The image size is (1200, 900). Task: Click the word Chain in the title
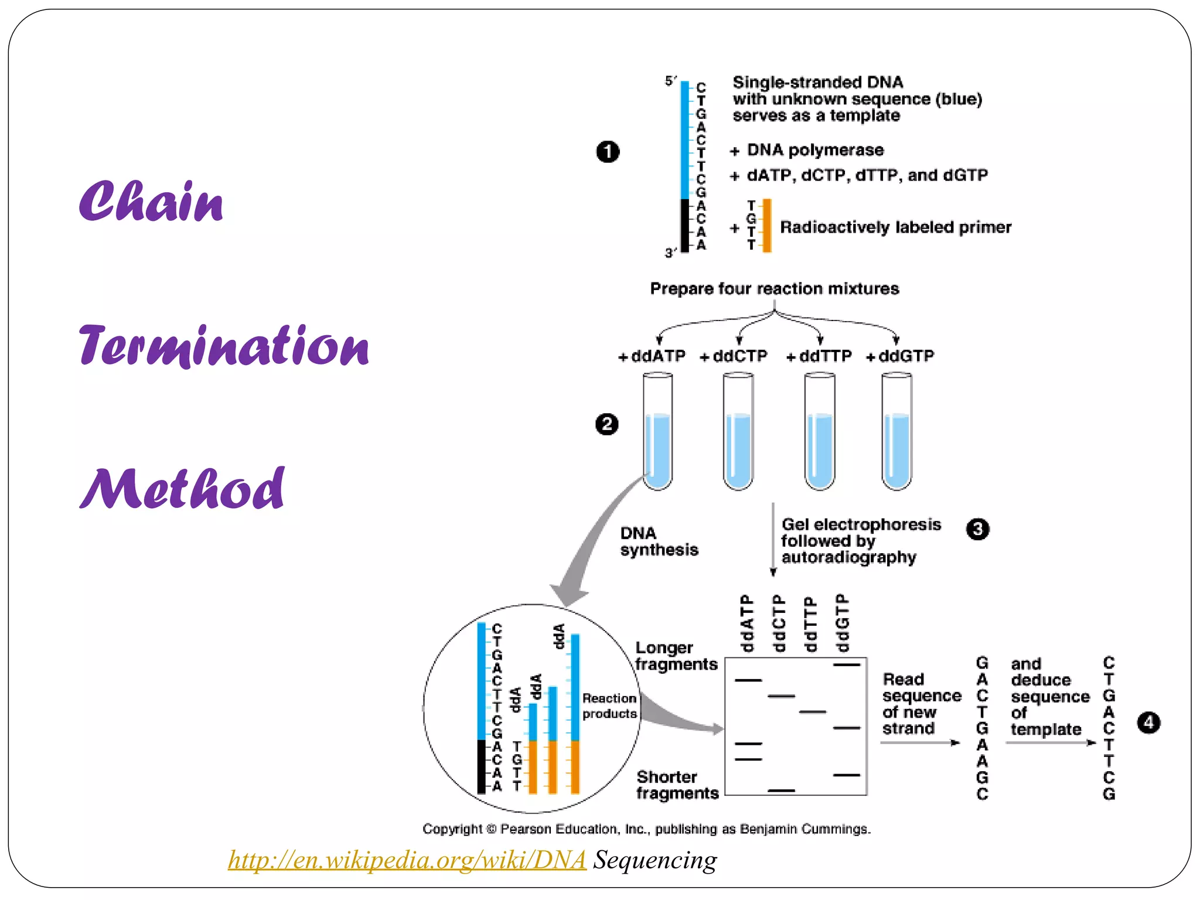[x=151, y=202]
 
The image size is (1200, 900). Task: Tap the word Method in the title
[x=182, y=489]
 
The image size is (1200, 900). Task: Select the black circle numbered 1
[x=608, y=152]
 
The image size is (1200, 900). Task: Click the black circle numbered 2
[x=606, y=424]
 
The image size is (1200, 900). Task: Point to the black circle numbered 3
[x=977, y=529]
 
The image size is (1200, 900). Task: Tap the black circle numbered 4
[x=1148, y=722]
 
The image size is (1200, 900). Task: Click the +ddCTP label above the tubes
[x=734, y=356]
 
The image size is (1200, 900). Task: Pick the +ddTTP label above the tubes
[x=819, y=356]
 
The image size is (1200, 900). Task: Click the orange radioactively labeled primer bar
[x=767, y=226]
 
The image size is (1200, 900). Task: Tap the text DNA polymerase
[x=814, y=150]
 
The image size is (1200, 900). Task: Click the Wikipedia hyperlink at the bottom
[x=407, y=860]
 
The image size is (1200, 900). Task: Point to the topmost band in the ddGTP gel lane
[x=847, y=665]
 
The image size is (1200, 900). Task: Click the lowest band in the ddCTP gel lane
[x=782, y=790]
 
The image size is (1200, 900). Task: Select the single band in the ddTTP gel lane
[x=813, y=712]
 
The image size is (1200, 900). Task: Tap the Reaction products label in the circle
[x=609, y=706]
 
